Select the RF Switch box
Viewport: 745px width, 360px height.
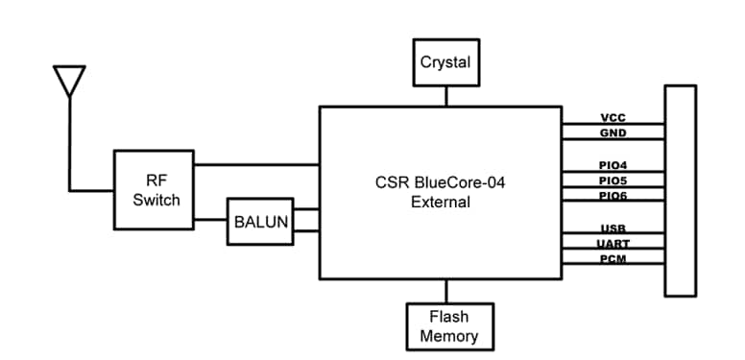tap(154, 189)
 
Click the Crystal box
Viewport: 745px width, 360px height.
tap(445, 62)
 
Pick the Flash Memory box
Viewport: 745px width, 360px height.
tap(449, 326)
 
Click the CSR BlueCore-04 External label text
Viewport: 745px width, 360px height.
tap(440, 191)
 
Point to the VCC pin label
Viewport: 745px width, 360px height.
tap(613, 118)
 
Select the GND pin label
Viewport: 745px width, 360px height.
tap(613, 133)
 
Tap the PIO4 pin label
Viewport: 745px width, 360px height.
tap(613, 165)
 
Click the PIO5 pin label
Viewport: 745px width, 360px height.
tap(613, 180)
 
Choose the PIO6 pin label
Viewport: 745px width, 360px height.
tap(613, 195)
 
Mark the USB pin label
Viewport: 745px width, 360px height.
tap(613, 228)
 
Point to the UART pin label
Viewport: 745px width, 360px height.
tap(613, 244)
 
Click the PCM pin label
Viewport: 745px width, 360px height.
tap(613, 258)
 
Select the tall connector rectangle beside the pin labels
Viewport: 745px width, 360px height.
tap(680, 189)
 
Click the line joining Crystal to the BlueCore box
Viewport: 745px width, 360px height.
tap(445, 96)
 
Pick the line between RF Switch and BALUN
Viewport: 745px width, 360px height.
tap(209, 222)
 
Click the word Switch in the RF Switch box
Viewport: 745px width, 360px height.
tap(156, 200)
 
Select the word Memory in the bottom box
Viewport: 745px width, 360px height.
tap(449, 337)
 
